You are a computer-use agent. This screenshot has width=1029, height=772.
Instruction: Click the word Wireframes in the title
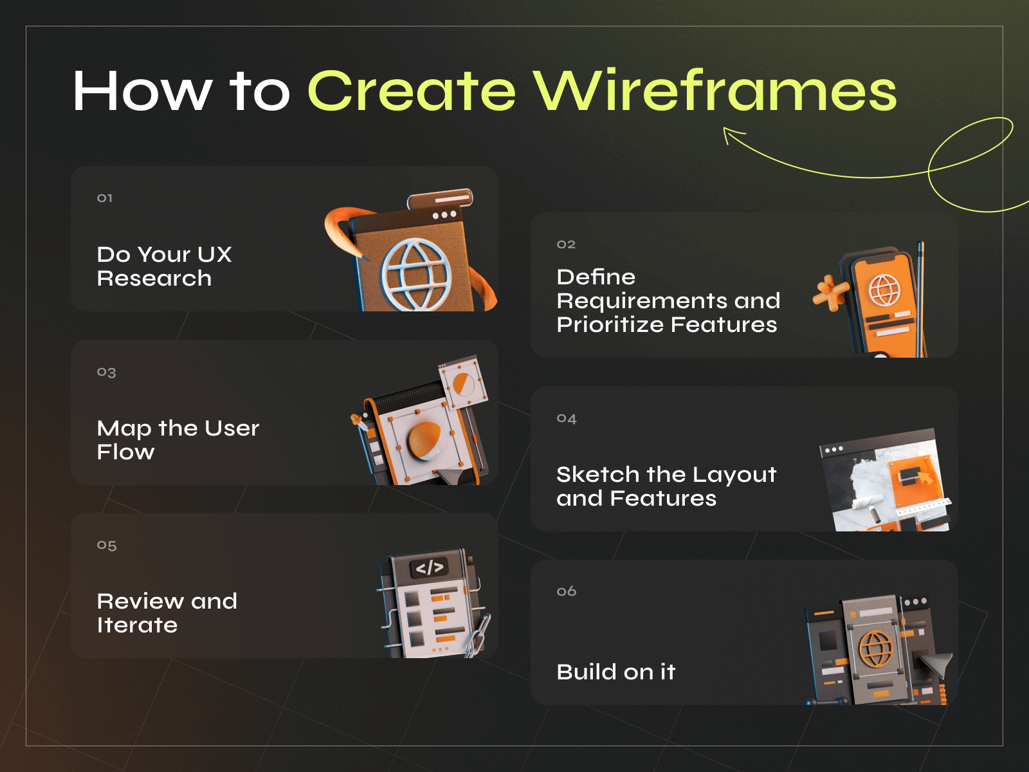(714, 91)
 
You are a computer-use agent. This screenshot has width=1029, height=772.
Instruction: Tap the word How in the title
(142, 91)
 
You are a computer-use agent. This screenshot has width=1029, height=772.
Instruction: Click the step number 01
(105, 198)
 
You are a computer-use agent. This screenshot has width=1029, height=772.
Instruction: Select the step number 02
(566, 244)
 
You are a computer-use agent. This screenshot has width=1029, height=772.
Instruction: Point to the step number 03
(106, 372)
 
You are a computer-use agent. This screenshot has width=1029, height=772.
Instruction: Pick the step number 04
(567, 419)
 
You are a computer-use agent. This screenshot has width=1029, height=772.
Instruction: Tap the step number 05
(107, 546)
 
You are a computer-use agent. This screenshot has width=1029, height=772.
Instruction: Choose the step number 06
(567, 591)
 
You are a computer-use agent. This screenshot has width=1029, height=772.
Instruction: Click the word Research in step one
(154, 279)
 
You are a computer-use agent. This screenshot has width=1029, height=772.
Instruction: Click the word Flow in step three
(125, 452)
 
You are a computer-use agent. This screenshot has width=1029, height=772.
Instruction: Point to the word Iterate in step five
(137, 625)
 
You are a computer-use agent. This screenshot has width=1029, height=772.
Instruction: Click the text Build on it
(615, 672)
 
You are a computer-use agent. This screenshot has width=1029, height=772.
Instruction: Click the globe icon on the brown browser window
(415, 274)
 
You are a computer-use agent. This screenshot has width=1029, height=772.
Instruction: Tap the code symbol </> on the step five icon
(430, 567)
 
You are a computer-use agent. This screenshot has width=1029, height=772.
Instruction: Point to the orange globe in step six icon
(876, 648)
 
